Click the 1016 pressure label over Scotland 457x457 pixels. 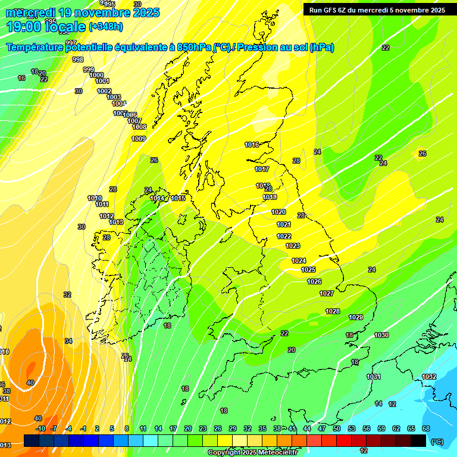(x=252, y=145)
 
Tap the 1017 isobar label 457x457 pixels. (x=262, y=170)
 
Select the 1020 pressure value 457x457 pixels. (x=278, y=212)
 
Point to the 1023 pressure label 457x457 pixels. (x=293, y=246)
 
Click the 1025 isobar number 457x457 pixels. (x=308, y=270)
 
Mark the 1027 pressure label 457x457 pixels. (x=327, y=293)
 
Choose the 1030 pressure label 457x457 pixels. (x=381, y=336)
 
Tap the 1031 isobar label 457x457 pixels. (x=374, y=377)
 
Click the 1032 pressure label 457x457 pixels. (x=429, y=377)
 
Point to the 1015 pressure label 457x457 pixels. (x=178, y=198)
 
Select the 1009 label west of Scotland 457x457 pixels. (x=139, y=139)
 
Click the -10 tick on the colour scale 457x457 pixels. (x=40, y=428)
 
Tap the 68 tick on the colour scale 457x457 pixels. (x=426, y=428)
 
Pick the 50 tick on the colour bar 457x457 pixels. (x=337, y=428)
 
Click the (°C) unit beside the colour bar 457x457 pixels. (x=437, y=442)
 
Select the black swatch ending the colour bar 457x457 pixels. (x=418, y=440)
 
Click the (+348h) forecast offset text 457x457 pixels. (x=105, y=27)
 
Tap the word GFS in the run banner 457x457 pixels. (x=334, y=10)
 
